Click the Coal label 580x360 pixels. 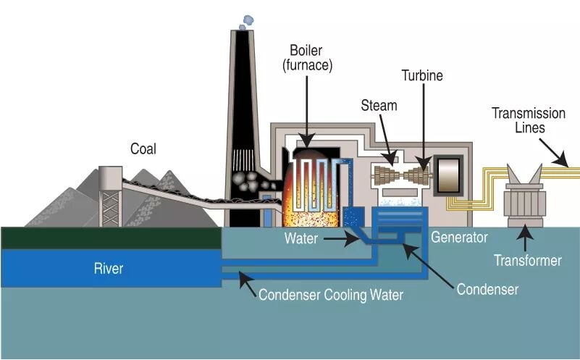tap(143, 148)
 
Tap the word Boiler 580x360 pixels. tap(306, 50)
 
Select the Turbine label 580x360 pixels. tap(422, 75)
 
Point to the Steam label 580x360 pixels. tap(379, 106)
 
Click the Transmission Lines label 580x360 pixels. tap(529, 120)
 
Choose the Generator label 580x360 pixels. tap(459, 237)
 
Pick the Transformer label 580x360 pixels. tap(527, 261)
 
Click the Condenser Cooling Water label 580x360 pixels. tap(331, 295)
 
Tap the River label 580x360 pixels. tap(109, 268)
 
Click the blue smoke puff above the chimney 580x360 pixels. tap(247, 22)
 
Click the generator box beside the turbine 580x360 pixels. tap(448, 176)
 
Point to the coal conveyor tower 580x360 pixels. tap(110, 196)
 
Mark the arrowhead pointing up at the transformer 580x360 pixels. tap(525, 232)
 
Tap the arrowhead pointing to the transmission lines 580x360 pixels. tap(561, 159)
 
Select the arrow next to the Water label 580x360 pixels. tap(342, 238)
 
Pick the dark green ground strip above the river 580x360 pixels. tap(111, 238)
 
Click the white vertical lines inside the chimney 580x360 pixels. tap(243, 160)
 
